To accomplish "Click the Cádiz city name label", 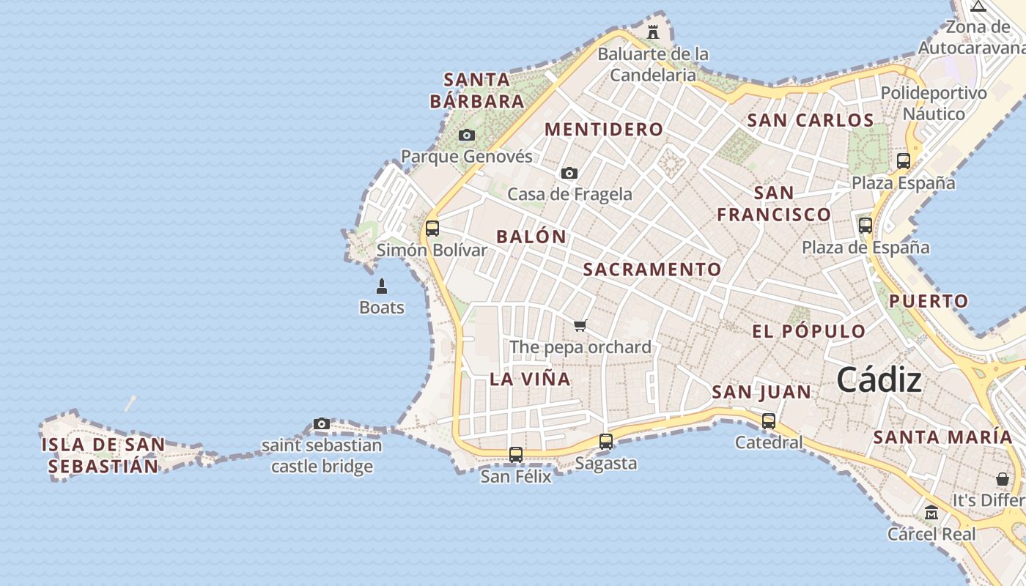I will (879, 380).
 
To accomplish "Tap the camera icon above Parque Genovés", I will (467, 136).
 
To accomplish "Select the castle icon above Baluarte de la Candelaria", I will (652, 31).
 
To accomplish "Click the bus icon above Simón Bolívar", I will (432, 229).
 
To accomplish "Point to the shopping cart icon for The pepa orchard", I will (580, 325).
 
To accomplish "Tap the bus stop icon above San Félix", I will (516, 455).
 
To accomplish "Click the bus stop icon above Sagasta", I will (606, 442).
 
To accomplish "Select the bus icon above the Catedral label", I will (769, 421).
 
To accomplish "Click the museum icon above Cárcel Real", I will (931, 512).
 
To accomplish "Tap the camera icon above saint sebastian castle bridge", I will (321, 424).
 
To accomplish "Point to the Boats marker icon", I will (381, 286).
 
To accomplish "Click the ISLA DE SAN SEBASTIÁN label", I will (103, 455).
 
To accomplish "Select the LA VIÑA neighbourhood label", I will (530, 379).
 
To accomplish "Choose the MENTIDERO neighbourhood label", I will (604, 130).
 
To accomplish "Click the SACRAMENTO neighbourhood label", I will (652, 270).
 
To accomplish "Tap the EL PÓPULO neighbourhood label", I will (809, 331).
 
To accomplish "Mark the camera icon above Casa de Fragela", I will (569, 174).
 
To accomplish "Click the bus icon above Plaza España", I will (904, 161).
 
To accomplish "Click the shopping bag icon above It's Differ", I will (1003, 479).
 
